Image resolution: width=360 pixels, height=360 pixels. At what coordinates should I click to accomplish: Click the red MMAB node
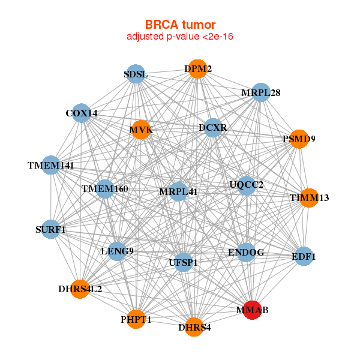253,310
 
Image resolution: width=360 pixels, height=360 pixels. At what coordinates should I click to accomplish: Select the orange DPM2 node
197,69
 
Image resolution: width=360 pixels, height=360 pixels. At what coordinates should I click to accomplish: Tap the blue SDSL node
136,74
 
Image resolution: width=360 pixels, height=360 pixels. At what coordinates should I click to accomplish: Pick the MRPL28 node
260,93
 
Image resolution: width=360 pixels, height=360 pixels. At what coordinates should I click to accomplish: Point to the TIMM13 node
308,197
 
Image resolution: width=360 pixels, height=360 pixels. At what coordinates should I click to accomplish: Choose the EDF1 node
304,257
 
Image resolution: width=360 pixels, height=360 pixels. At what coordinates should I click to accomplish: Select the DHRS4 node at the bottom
194,327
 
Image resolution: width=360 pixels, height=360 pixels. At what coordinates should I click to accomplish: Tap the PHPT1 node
136,319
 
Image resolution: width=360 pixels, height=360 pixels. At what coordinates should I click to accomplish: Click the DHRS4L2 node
80,289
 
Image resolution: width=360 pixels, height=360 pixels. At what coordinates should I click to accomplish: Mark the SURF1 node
50,229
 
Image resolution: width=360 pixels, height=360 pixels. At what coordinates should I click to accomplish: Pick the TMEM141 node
51,165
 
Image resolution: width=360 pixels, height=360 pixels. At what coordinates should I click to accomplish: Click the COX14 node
82,113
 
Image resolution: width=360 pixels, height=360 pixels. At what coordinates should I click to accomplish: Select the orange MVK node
140,130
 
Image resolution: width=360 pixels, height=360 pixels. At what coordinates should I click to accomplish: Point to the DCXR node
213,128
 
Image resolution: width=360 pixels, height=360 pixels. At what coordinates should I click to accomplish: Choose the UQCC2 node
246,184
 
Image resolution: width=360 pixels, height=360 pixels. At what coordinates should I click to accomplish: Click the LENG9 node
117,250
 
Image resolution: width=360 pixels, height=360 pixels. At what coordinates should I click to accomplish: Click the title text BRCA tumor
180,25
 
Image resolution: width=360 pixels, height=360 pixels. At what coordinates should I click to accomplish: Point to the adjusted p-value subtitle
180,37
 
